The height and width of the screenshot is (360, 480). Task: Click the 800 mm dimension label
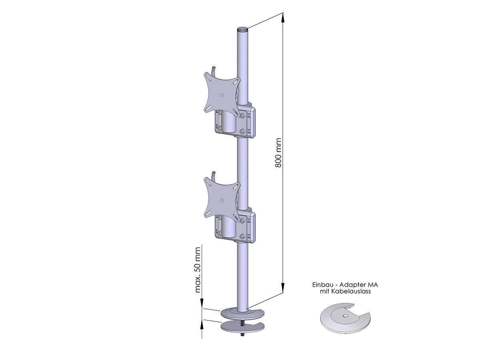pyautogui.click(x=279, y=152)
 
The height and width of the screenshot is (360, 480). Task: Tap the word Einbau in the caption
pyautogui.click(x=322, y=285)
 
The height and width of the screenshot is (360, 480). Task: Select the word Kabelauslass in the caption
pyautogui.click(x=351, y=292)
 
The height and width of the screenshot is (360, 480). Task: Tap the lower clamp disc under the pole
pyautogui.click(x=242, y=327)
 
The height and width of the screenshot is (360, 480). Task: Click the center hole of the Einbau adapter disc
pyautogui.click(x=345, y=316)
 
